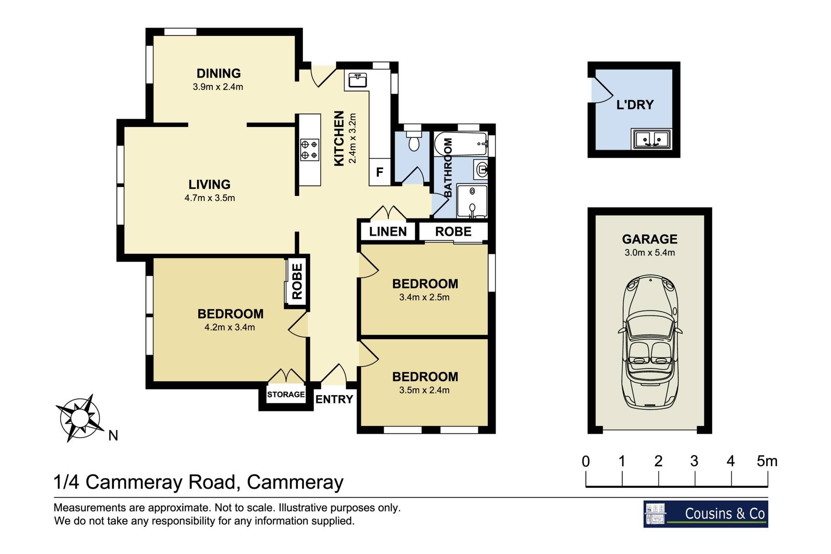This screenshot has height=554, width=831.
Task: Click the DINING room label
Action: click(x=219, y=73)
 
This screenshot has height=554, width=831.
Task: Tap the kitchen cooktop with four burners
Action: click(x=309, y=149)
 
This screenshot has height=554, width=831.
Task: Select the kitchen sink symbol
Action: click(x=358, y=80)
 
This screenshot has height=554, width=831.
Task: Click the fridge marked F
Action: click(x=380, y=172)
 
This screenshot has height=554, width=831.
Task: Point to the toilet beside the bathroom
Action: click(x=414, y=139)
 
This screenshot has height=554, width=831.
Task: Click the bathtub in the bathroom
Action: click(x=461, y=144)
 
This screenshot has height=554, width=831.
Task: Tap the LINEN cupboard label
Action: click(x=388, y=231)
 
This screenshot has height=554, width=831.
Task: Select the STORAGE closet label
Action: click(x=286, y=394)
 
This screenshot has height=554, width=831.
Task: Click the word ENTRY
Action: click(x=334, y=399)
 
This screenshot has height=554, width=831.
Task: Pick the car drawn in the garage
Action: click(x=650, y=342)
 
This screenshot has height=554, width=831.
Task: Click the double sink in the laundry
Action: click(x=651, y=139)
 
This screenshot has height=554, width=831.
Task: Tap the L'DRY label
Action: click(x=635, y=104)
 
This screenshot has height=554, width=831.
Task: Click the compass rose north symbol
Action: click(x=81, y=418)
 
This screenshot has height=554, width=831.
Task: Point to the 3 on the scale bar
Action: click(x=694, y=461)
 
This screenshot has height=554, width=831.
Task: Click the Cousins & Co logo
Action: click(x=705, y=514)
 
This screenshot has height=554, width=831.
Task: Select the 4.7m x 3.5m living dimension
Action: click(x=209, y=198)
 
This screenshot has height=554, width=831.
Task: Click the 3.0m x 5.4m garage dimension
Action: click(x=650, y=253)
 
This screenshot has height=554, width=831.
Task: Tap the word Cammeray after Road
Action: click(x=295, y=482)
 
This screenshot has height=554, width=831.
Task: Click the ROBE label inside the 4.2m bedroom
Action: click(x=297, y=282)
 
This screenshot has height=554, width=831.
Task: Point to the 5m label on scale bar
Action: click(x=767, y=461)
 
